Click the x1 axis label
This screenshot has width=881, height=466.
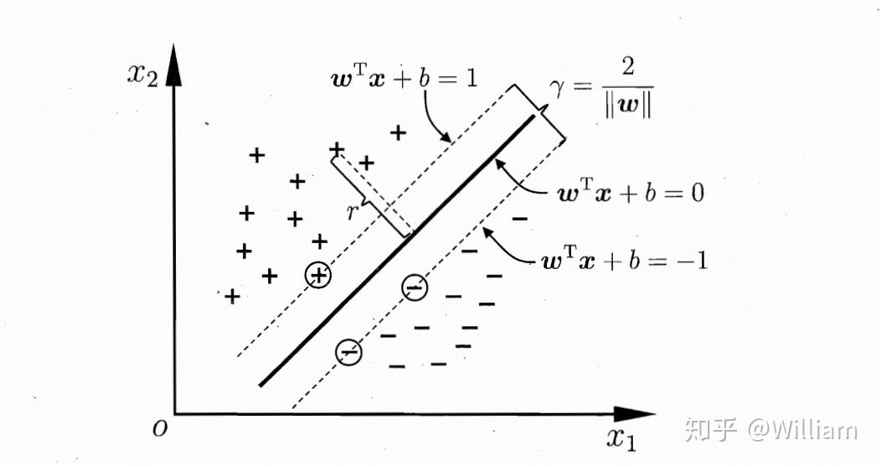(625, 437)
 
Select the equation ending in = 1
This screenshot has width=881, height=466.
(404, 80)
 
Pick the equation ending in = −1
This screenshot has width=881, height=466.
(625, 261)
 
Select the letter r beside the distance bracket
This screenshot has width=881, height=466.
(353, 212)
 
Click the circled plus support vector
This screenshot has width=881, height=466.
(319, 275)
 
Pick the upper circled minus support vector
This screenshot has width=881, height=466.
(414, 287)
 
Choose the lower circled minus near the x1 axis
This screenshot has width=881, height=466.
(348, 352)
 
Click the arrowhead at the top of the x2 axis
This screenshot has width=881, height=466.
(174, 63)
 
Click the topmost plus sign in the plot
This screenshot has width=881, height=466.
(399, 132)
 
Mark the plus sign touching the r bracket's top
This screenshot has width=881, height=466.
(337, 149)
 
